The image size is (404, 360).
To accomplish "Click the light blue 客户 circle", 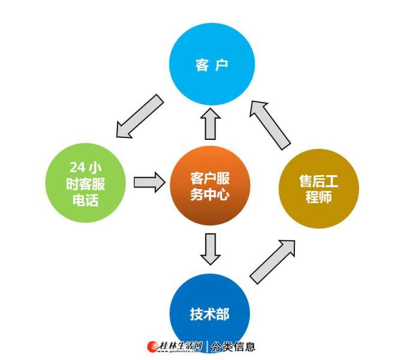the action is tap(212, 64).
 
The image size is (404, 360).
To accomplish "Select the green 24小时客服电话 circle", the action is tap(86, 183).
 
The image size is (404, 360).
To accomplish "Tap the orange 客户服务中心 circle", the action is tap(210, 185).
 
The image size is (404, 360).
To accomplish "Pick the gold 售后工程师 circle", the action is tap(319, 188).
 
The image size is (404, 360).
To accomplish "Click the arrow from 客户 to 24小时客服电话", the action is tap(140, 116).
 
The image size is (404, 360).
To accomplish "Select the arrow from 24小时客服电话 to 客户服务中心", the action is tap(149, 182).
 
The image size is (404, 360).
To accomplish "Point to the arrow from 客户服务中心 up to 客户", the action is tap(210, 124).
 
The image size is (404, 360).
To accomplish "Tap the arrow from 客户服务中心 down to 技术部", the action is tap(210, 249).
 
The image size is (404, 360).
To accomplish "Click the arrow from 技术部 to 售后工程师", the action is tap(273, 262).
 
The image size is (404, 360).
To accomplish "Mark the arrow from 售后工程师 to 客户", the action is tap(270, 125).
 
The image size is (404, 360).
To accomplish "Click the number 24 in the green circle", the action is tap(77, 167).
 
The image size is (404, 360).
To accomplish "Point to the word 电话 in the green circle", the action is tap(86, 200).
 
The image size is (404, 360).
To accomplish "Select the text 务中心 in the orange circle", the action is tap(210, 194).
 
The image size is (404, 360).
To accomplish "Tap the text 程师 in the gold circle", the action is tap(319, 197).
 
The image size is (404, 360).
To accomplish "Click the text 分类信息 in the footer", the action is tap(233, 347).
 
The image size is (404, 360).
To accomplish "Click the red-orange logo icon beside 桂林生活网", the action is tap(152, 347).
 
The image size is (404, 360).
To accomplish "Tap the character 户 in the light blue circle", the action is tap(222, 65).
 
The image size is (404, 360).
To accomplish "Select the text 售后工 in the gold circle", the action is tap(319, 181).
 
